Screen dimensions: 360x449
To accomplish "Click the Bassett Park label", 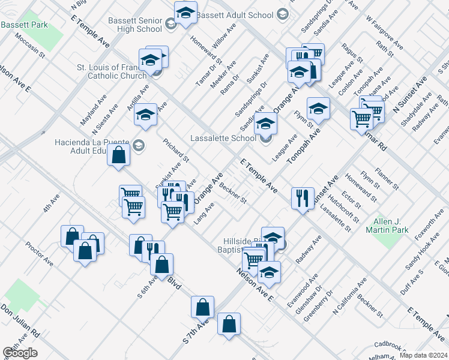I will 25,26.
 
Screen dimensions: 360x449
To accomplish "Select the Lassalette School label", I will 223,138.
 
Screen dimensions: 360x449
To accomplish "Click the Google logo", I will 20,353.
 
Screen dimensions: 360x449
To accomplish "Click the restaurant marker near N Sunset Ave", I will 302,198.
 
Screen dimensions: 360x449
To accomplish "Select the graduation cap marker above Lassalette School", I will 264,124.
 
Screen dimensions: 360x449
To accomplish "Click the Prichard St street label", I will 176,151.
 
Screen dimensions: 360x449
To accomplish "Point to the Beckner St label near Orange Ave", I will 233,193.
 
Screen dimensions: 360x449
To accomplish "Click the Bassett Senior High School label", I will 135,25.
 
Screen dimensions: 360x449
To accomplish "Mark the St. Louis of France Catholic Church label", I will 112,71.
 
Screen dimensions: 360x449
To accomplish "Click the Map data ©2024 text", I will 423,355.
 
